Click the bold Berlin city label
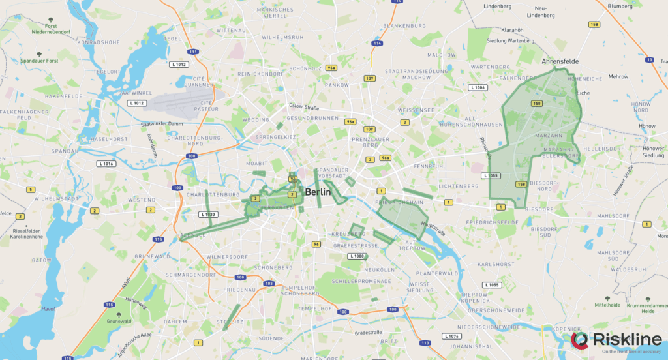click(x=318, y=192)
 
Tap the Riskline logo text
click(x=625, y=339)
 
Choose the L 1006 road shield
click(x=478, y=87)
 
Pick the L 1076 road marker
click(x=451, y=336)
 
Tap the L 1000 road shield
click(x=357, y=256)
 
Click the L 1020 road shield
click(x=208, y=215)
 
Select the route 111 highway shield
click(x=192, y=52)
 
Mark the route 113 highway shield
click(x=425, y=342)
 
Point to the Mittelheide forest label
click(x=607, y=305)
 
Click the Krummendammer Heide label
click(x=648, y=308)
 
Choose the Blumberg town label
click(x=620, y=6)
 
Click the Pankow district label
click(x=337, y=85)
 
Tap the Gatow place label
click(x=41, y=260)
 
